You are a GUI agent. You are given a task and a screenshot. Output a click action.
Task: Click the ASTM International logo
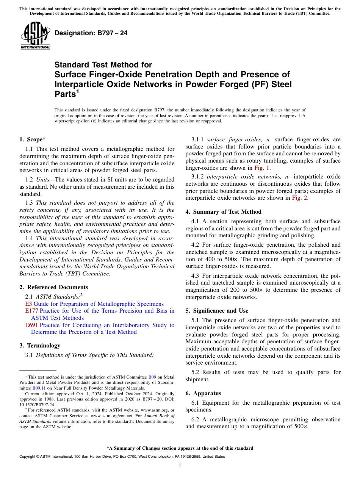pos(35,36)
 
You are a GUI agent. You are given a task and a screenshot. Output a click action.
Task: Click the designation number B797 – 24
pos(91,33)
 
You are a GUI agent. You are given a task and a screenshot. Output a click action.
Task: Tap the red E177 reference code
pos(31,311)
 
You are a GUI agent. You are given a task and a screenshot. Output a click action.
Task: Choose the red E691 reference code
pos(31,325)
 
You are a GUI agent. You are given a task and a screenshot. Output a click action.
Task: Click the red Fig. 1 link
pos(262,168)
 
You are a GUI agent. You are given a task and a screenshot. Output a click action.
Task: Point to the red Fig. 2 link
pos(300,198)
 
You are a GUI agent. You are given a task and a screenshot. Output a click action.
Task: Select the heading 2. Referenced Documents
pos(53,287)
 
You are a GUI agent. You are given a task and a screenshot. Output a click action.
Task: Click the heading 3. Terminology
pos(40,346)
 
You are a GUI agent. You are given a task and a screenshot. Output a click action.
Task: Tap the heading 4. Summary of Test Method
pos(223,212)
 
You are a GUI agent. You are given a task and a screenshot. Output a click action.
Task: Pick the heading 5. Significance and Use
pos(217,311)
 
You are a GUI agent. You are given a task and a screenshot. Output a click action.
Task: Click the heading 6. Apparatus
pos(203,393)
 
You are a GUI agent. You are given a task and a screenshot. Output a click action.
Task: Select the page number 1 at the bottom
pos(180,466)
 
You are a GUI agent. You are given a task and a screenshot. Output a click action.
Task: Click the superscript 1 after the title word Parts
pos(78,92)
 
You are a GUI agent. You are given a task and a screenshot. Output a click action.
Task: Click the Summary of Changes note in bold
pos(180,448)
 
